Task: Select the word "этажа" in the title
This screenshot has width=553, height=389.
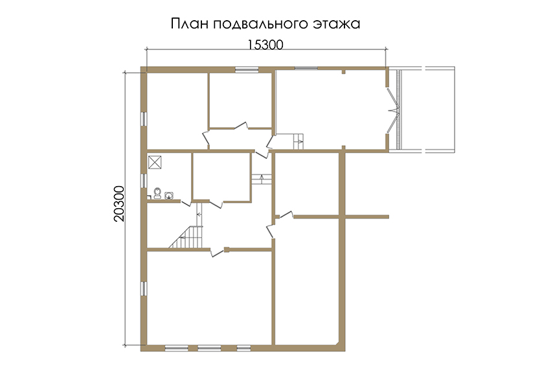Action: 337,24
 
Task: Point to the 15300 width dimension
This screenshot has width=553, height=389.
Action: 265,45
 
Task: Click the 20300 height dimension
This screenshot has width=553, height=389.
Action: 119,204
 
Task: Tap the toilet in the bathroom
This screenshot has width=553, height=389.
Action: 157,193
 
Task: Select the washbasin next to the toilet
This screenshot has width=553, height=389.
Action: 169,195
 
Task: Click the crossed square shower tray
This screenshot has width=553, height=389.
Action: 155,162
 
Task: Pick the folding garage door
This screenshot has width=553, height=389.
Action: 393,110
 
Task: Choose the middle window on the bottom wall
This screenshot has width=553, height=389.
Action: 209,348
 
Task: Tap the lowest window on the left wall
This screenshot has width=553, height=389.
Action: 144,289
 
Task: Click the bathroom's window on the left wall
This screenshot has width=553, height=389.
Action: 144,181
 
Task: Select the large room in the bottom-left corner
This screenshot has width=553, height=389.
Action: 209,298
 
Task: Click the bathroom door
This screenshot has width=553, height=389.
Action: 186,203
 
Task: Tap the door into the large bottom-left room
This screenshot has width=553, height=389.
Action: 218,252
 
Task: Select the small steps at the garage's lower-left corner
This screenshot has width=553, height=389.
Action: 299,141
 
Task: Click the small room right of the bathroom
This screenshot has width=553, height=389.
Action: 221,176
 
